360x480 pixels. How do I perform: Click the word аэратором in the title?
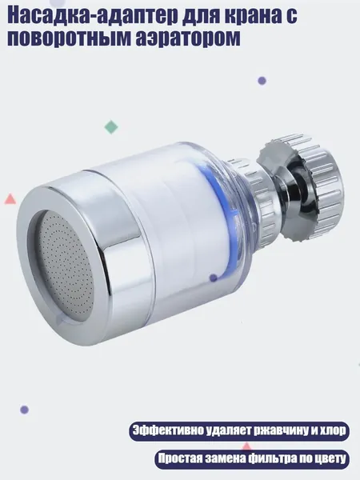point(188,38)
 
